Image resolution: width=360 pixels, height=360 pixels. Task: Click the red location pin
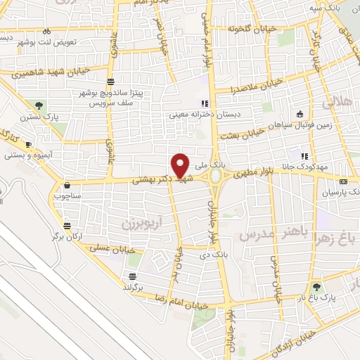pos(181,165)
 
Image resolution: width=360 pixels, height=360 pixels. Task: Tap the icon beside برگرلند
pos(131,276)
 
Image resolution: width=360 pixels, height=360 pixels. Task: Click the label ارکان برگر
pos(66,237)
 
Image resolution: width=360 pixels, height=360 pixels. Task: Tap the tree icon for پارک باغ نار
pos(316,286)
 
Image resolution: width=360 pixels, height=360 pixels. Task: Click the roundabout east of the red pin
pos(215,176)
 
